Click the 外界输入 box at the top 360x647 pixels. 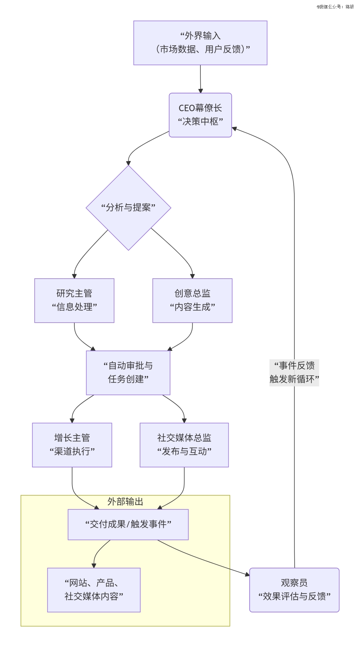200,43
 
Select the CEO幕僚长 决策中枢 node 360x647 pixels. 200,115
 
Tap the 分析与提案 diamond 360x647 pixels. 128,208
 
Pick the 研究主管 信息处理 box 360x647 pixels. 74,300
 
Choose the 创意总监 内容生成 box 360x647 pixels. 192,300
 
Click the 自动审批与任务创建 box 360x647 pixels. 128,373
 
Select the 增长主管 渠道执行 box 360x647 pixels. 72,445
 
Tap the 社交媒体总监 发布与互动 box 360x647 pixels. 184,445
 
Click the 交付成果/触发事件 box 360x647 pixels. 128,524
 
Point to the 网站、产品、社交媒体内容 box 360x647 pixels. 94,590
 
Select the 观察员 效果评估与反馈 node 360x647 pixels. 294,590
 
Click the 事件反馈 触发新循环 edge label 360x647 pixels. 294,373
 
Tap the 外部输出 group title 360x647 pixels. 125,502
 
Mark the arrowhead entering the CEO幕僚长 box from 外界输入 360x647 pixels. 201,91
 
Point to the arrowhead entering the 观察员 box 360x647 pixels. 247,574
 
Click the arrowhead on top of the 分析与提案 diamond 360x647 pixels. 128,163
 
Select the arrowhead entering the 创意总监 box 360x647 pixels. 192,276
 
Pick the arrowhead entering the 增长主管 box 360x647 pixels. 72,420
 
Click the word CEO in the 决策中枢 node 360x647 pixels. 187,108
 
